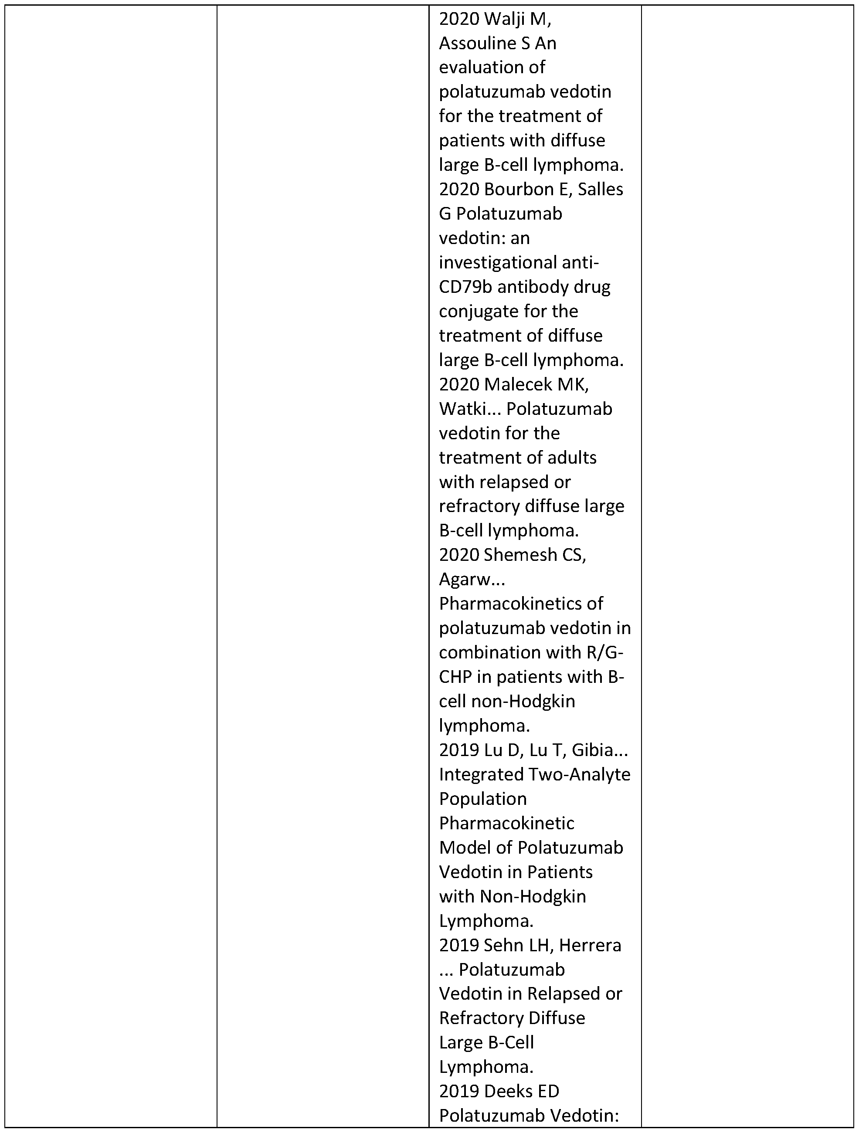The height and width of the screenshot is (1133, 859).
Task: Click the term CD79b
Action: pos(465,287)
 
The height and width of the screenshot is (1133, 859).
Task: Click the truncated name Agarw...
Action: pos(472,579)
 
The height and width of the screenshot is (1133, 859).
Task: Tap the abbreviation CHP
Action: pos(455,677)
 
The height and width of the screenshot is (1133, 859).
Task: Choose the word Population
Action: pos(482,798)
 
